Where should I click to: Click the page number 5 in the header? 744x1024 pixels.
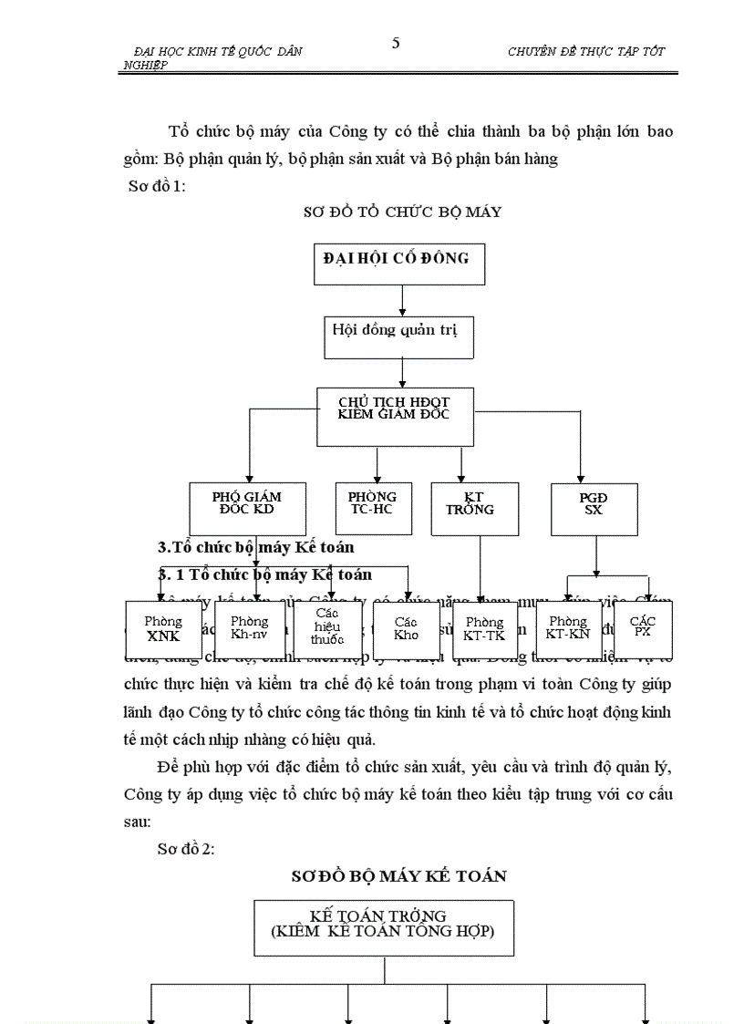pyautogui.click(x=396, y=43)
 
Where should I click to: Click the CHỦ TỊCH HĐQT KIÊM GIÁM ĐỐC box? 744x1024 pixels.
pyautogui.click(x=396, y=416)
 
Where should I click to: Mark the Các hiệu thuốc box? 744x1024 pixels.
pyautogui.click(x=326, y=629)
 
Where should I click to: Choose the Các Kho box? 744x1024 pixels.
pyautogui.click(x=407, y=629)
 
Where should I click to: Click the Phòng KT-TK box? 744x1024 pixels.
pyautogui.click(x=484, y=629)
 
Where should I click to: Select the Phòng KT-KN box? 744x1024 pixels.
pyautogui.click(x=568, y=629)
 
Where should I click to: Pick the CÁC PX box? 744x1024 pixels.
pyautogui.click(x=643, y=627)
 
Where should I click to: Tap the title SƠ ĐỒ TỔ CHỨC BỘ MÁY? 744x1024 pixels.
pyautogui.click(x=402, y=212)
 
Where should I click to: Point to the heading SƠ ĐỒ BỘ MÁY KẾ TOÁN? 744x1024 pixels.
pyautogui.click(x=398, y=876)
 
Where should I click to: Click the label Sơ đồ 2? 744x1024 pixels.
pyautogui.click(x=186, y=849)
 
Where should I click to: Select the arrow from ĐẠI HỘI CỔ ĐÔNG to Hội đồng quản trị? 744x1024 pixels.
pyautogui.click(x=402, y=300)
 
